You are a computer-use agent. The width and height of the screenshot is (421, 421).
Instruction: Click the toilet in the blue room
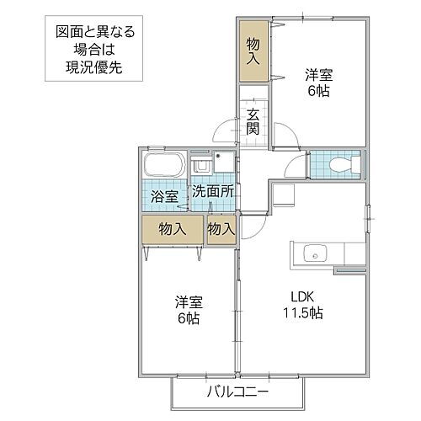344,165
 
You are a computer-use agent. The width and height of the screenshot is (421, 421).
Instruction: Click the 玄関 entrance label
253,123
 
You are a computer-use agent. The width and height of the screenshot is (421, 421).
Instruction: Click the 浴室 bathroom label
164,197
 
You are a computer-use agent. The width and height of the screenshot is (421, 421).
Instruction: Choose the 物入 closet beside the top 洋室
253,52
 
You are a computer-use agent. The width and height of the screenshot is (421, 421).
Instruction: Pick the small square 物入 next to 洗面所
221,229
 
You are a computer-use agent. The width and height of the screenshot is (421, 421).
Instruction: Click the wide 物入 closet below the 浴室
173,229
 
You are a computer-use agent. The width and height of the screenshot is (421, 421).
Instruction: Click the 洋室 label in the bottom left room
189,301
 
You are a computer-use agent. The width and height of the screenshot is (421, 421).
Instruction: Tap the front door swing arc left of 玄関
226,131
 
